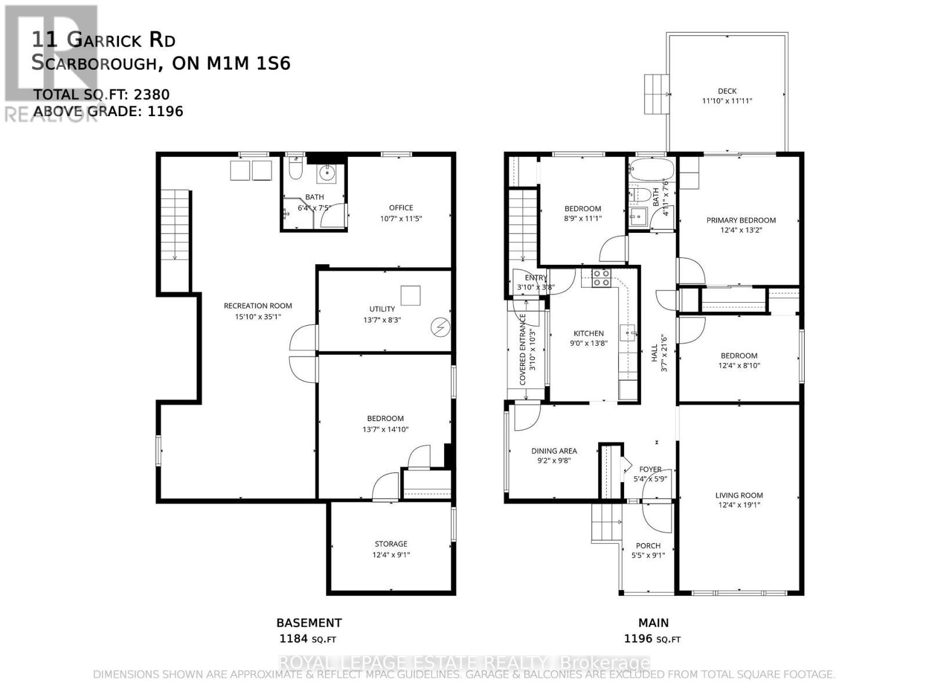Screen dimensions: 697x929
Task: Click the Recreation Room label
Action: coord(258,306)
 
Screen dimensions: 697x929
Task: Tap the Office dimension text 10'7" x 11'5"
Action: coord(401,219)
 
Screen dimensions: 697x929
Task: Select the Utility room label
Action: coord(381,309)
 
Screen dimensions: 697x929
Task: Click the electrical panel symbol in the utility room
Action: coord(440,328)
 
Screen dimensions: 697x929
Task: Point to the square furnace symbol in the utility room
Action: coord(411,295)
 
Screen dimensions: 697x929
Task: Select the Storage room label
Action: coord(390,544)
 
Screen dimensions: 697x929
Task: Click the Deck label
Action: coord(727,91)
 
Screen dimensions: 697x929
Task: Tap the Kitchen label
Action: coord(588,333)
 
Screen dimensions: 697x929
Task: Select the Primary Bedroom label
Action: coord(741,220)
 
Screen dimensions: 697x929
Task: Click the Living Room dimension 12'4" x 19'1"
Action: coord(739,505)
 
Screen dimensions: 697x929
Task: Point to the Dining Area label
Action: coord(554,451)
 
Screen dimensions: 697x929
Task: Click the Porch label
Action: coord(648,545)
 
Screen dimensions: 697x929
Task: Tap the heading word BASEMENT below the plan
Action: coord(309,623)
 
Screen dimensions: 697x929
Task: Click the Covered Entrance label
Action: coord(523,349)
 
